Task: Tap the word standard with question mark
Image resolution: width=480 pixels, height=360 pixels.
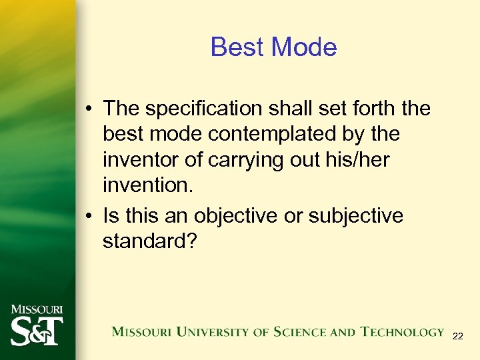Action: pyautogui.click(x=150, y=241)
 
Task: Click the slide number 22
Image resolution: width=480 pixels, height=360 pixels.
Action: pyautogui.click(x=457, y=337)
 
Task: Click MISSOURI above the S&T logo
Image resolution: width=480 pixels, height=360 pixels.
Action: pyautogui.click(x=37, y=309)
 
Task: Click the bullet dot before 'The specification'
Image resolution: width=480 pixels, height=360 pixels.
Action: pyautogui.click(x=89, y=109)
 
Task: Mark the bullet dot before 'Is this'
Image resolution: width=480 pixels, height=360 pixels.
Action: pyautogui.click(x=89, y=217)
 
